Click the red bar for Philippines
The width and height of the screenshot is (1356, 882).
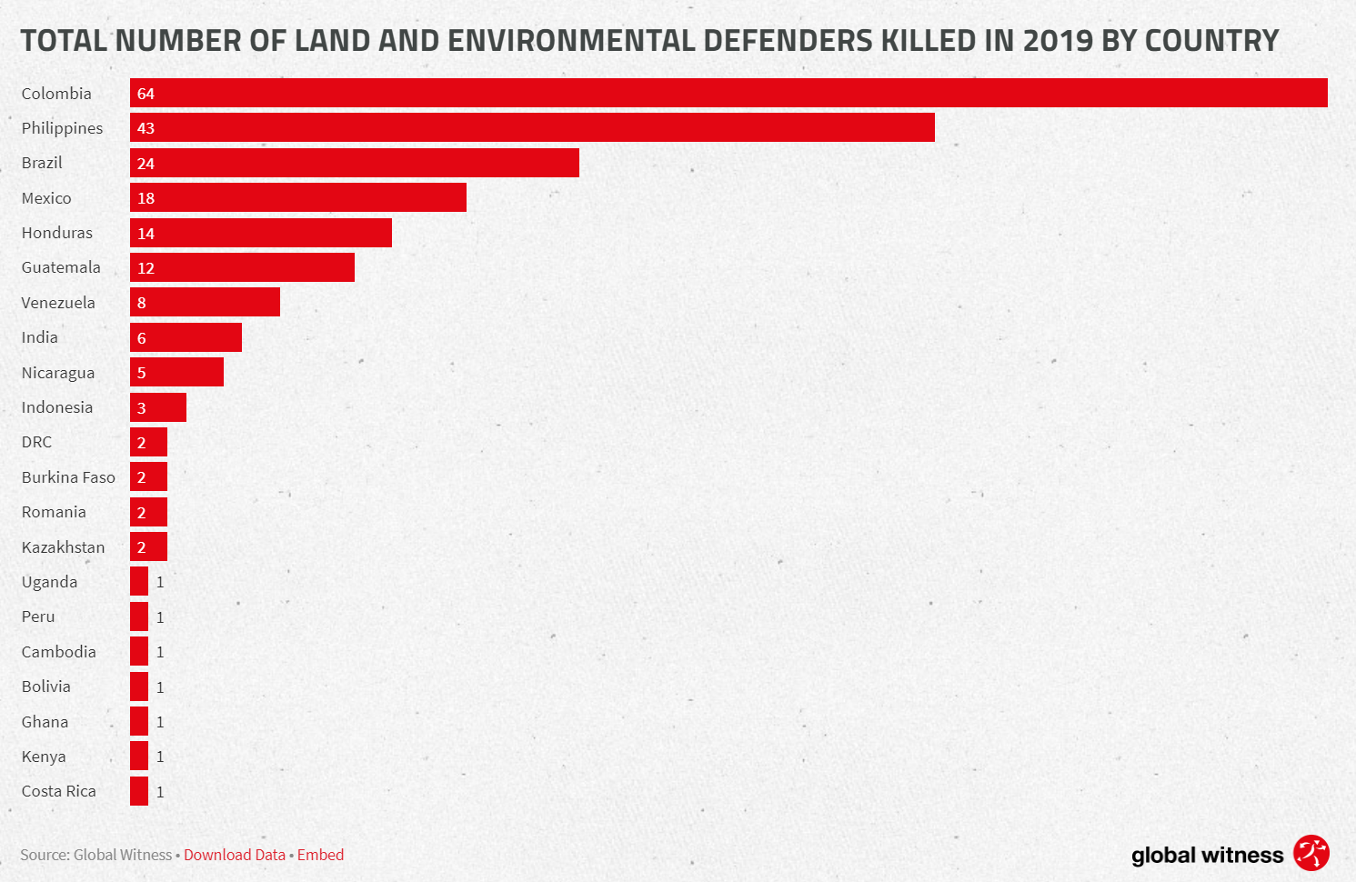click(532, 127)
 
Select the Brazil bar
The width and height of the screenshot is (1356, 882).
click(355, 163)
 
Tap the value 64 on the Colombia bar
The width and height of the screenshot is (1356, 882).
click(146, 94)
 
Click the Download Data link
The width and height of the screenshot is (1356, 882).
click(235, 855)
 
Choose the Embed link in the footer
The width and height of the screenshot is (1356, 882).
click(320, 855)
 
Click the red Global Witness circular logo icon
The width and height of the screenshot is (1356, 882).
click(1311, 853)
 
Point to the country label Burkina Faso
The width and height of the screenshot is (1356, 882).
click(68, 477)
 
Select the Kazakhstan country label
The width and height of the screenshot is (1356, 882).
click(63, 547)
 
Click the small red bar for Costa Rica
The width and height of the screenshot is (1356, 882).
click(139, 791)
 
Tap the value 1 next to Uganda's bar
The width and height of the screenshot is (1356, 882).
click(160, 582)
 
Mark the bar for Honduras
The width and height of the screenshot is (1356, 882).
click(261, 233)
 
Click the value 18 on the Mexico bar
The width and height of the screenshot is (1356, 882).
click(146, 198)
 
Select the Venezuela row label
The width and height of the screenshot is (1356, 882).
click(58, 303)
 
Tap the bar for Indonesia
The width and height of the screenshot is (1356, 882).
click(158, 407)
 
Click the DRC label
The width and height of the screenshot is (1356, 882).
click(36, 442)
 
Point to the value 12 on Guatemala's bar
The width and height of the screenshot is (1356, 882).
click(146, 268)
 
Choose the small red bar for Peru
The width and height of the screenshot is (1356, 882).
click(139, 616)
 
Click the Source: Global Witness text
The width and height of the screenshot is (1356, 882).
click(95, 855)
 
